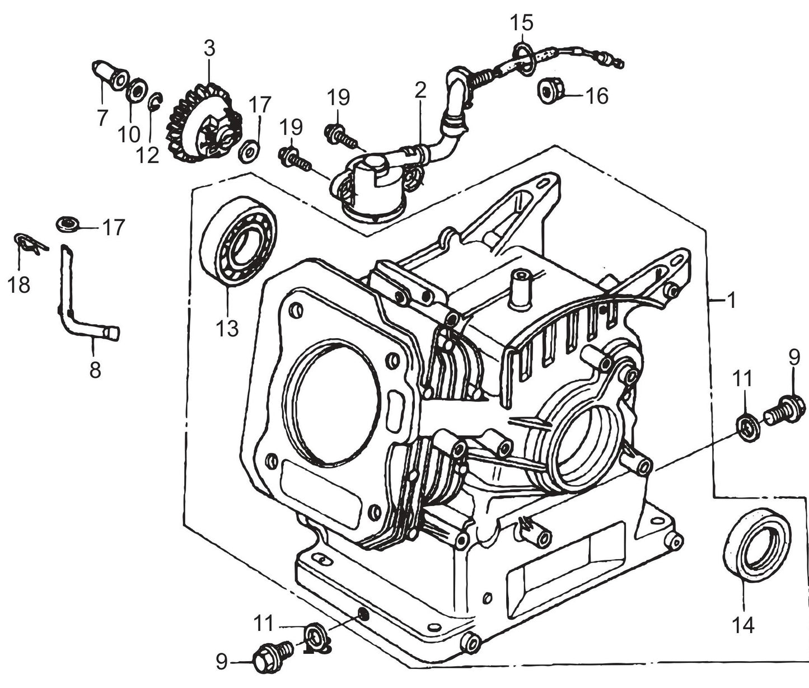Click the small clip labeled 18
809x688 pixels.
pyautogui.click(x=28, y=243)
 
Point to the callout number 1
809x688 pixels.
pyautogui.click(x=731, y=301)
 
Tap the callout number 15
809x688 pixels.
pyautogui.click(x=521, y=24)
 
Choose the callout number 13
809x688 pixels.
pyautogui.click(x=227, y=329)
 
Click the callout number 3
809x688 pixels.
pyautogui.click(x=209, y=49)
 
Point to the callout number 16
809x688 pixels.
pyautogui.click(x=597, y=96)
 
